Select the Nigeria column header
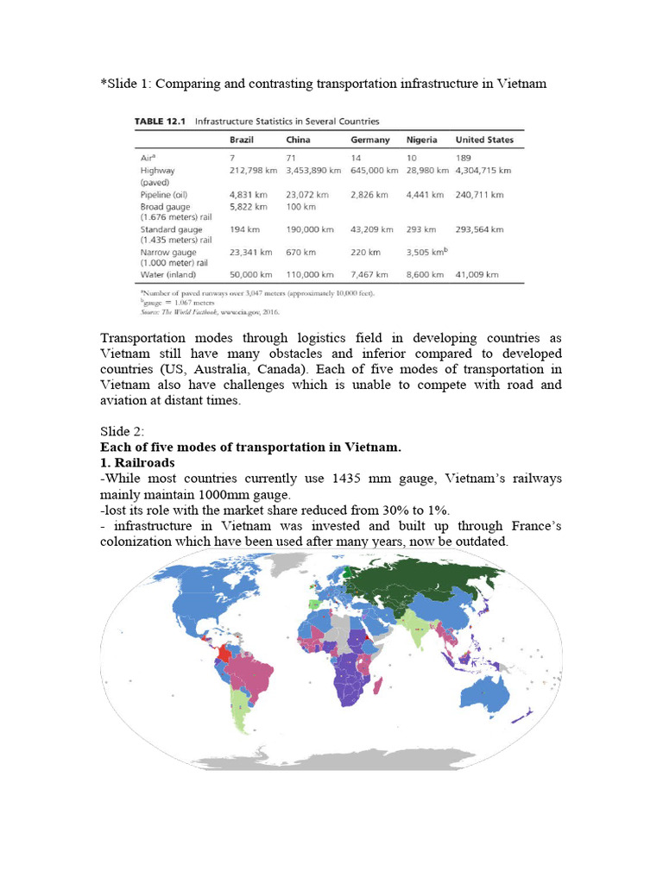point(420,140)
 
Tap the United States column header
point(484,140)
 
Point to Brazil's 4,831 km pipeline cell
point(248,195)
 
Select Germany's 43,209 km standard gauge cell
point(372,230)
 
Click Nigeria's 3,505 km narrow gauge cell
point(426,253)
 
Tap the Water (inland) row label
point(168,274)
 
